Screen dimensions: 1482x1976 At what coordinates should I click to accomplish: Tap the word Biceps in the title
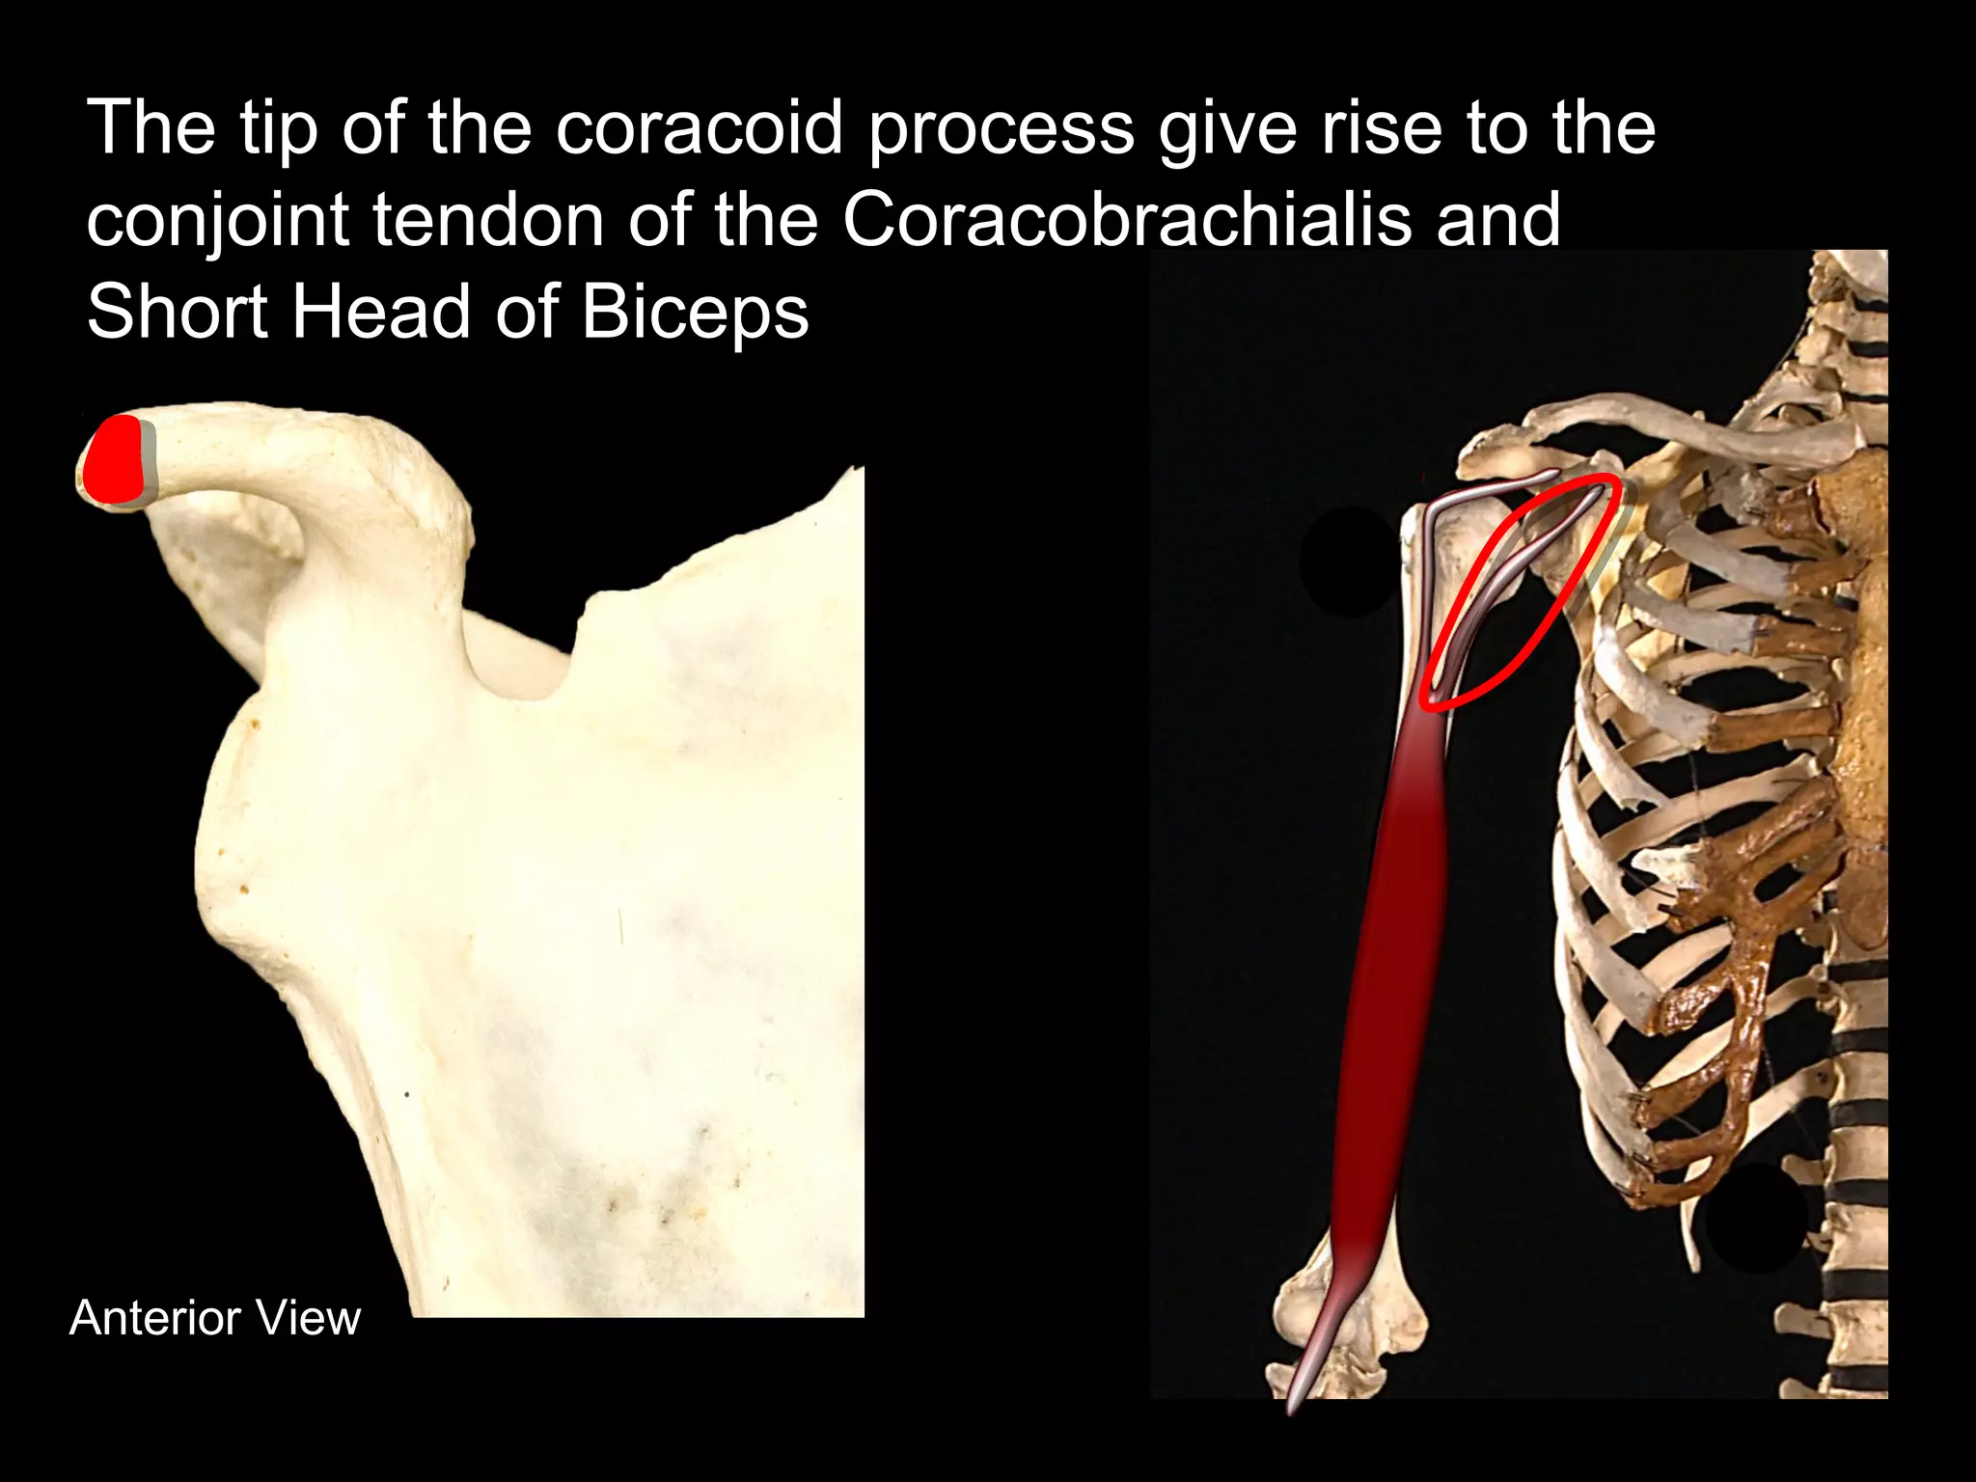(x=695, y=315)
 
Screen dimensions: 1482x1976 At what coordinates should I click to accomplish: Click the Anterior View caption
(x=215, y=1318)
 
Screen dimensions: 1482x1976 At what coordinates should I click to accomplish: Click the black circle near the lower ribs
(x=1755, y=1218)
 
